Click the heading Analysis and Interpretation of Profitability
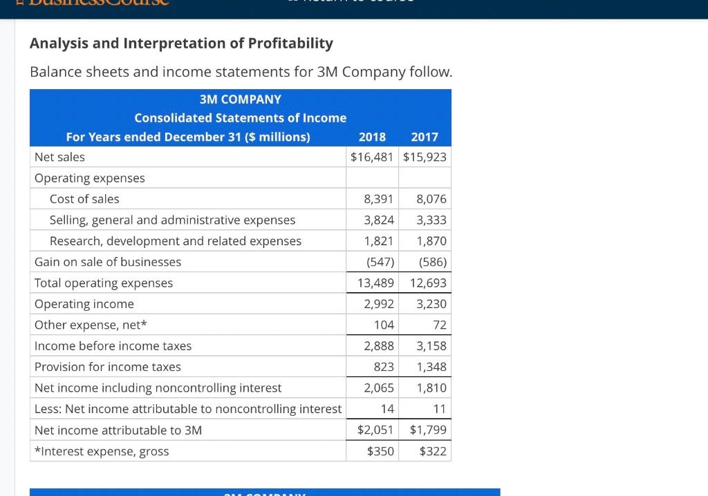pyautogui.click(x=181, y=44)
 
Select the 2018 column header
pyautogui.click(x=372, y=137)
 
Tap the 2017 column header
pyautogui.click(x=424, y=137)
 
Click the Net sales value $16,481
pyautogui.click(x=372, y=157)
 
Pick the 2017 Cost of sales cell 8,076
pyautogui.click(x=431, y=199)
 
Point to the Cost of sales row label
pyautogui.click(x=84, y=199)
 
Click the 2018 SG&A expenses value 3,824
pyautogui.click(x=379, y=220)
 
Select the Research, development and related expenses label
pyautogui.click(x=176, y=241)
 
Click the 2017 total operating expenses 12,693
pyautogui.click(x=428, y=283)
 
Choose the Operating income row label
pyautogui.click(x=84, y=304)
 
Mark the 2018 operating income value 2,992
pyautogui.click(x=379, y=304)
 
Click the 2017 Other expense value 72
pyautogui.click(x=440, y=325)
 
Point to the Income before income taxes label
pyautogui.click(x=113, y=345)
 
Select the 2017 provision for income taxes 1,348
pyautogui.click(x=431, y=367)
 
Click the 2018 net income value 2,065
pyautogui.click(x=379, y=388)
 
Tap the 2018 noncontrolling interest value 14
pyautogui.click(x=387, y=409)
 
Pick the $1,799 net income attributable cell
pyautogui.click(x=428, y=430)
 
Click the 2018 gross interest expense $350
pyautogui.click(x=380, y=451)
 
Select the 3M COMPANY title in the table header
pyautogui.click(x=241, y=99)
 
